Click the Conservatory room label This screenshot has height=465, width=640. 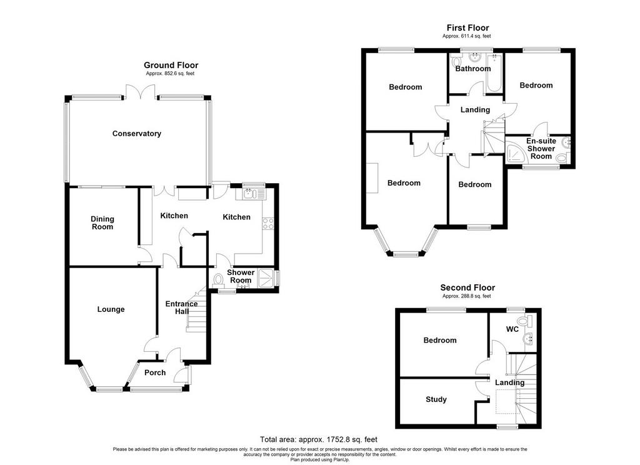pos(137,134)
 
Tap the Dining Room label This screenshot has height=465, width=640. pos(102,223)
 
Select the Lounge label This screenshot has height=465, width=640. pos(111,309)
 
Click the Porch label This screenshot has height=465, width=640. pos(155,372)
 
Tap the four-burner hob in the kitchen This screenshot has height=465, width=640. pos(268,223)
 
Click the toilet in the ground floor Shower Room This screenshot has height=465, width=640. pos(218,280)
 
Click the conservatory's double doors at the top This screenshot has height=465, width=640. pos(141,91)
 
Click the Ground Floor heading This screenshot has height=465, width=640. pos(171,66)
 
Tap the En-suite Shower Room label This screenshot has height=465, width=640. pos(541,149)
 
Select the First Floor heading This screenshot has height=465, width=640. pos(467,27)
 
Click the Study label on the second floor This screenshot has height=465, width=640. pos(436,399)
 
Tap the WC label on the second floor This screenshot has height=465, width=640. pos(512,329)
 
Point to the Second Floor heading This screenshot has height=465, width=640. pos(467,287)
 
